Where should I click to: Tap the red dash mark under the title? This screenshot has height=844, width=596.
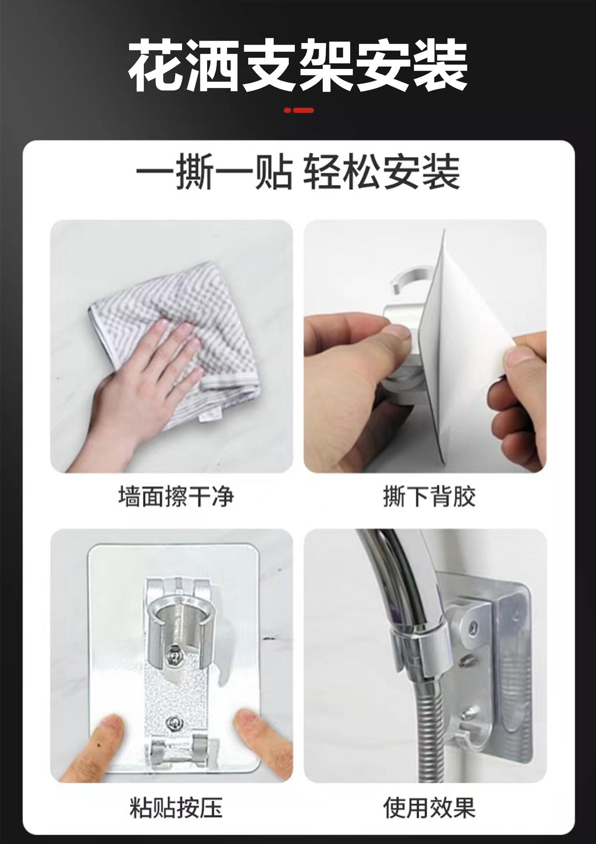click(x=299, y=110)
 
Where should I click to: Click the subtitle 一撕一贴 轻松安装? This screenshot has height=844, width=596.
click(x=298, y=172)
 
